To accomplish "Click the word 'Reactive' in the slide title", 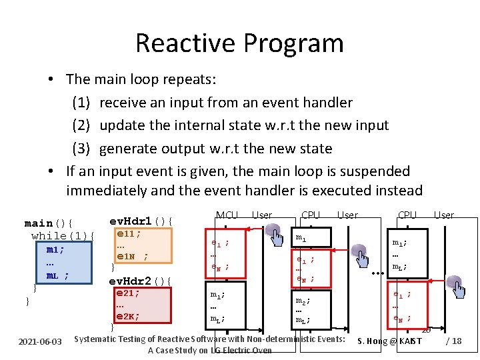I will [185, 43].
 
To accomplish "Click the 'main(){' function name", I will [48, 223].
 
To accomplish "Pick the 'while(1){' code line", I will [63, 236].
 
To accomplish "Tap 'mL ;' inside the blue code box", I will [57, 275].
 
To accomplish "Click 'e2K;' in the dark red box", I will [128, 317].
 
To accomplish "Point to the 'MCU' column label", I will [227, 215].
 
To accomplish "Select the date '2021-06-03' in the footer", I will [39, 341].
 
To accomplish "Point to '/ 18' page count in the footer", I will [453, 341].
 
